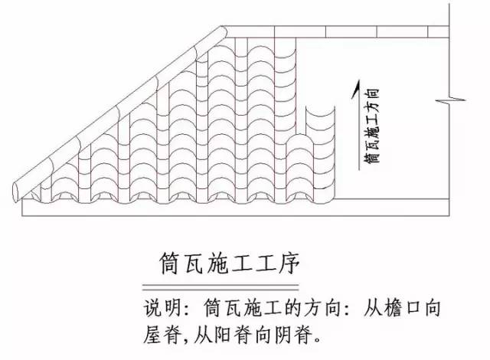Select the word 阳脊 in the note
click(237, 334)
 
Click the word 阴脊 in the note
click(297, 334)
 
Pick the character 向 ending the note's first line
click(435, 308)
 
